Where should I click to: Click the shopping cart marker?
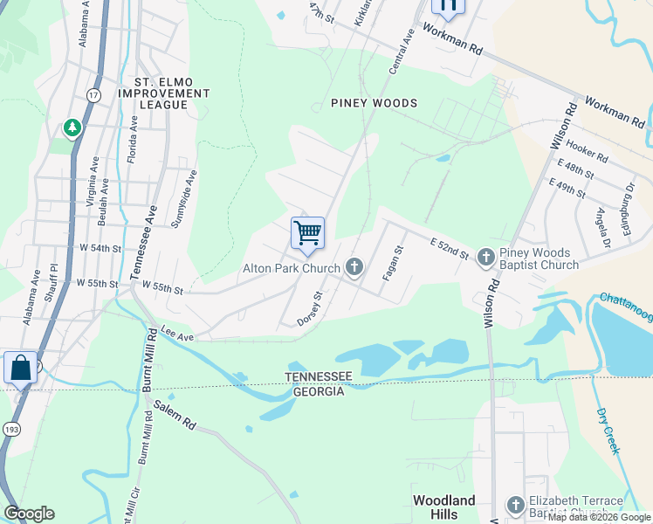pos(307,233)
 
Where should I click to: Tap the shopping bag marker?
pos(20,368)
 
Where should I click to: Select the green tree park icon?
pos(72,128)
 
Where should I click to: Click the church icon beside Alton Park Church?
pos(354,266)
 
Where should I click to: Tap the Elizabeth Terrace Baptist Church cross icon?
pos(516,505)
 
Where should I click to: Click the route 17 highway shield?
pos(93,93)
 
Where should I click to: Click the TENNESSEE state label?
pos(319,376)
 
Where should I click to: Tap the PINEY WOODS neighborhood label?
pos(374,103)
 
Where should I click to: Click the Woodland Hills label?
pos(444,507)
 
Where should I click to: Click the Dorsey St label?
pos(311,307)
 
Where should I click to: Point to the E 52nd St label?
pos(450,247)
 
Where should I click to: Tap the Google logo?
pos(29,514)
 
